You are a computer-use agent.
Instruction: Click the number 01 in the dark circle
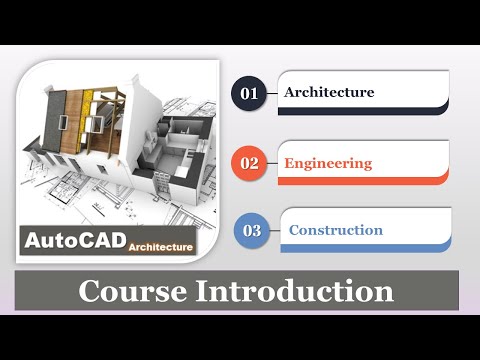click(249, 94)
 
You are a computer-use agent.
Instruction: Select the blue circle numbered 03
click(252, 231)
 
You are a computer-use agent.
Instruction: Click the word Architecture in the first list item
click(329, 93)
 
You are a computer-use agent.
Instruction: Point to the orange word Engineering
click(328, 163)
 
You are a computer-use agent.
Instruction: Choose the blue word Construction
click(336, 230)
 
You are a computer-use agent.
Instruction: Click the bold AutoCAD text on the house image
click(73, 240)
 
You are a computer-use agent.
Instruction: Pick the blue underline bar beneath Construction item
click(366, 248)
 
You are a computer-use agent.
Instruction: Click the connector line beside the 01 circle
click(271, 94)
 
